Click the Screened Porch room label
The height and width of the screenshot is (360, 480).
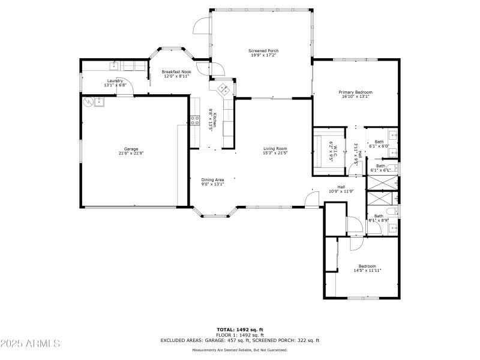[x=263, y=50]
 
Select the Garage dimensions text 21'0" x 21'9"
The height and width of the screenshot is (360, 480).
[x=131, y=153]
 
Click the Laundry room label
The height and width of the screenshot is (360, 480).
[x=115, y=80]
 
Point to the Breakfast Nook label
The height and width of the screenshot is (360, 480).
[x=176, y=71]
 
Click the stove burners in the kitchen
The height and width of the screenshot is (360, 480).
[x=195, y=120]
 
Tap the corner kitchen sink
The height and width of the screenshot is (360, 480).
[x=223, y=89]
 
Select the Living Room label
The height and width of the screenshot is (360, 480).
[x=275, y=149]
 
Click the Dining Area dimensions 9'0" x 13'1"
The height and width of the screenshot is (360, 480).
[x=212, y=184]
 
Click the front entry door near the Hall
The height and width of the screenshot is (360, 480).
[x=312, y=199]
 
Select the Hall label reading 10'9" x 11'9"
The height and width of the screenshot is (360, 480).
[x=341, y=191]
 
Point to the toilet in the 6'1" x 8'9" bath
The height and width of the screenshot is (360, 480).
[x=391, y=211]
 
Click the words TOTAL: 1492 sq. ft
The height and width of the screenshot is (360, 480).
[x=240, y=329]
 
